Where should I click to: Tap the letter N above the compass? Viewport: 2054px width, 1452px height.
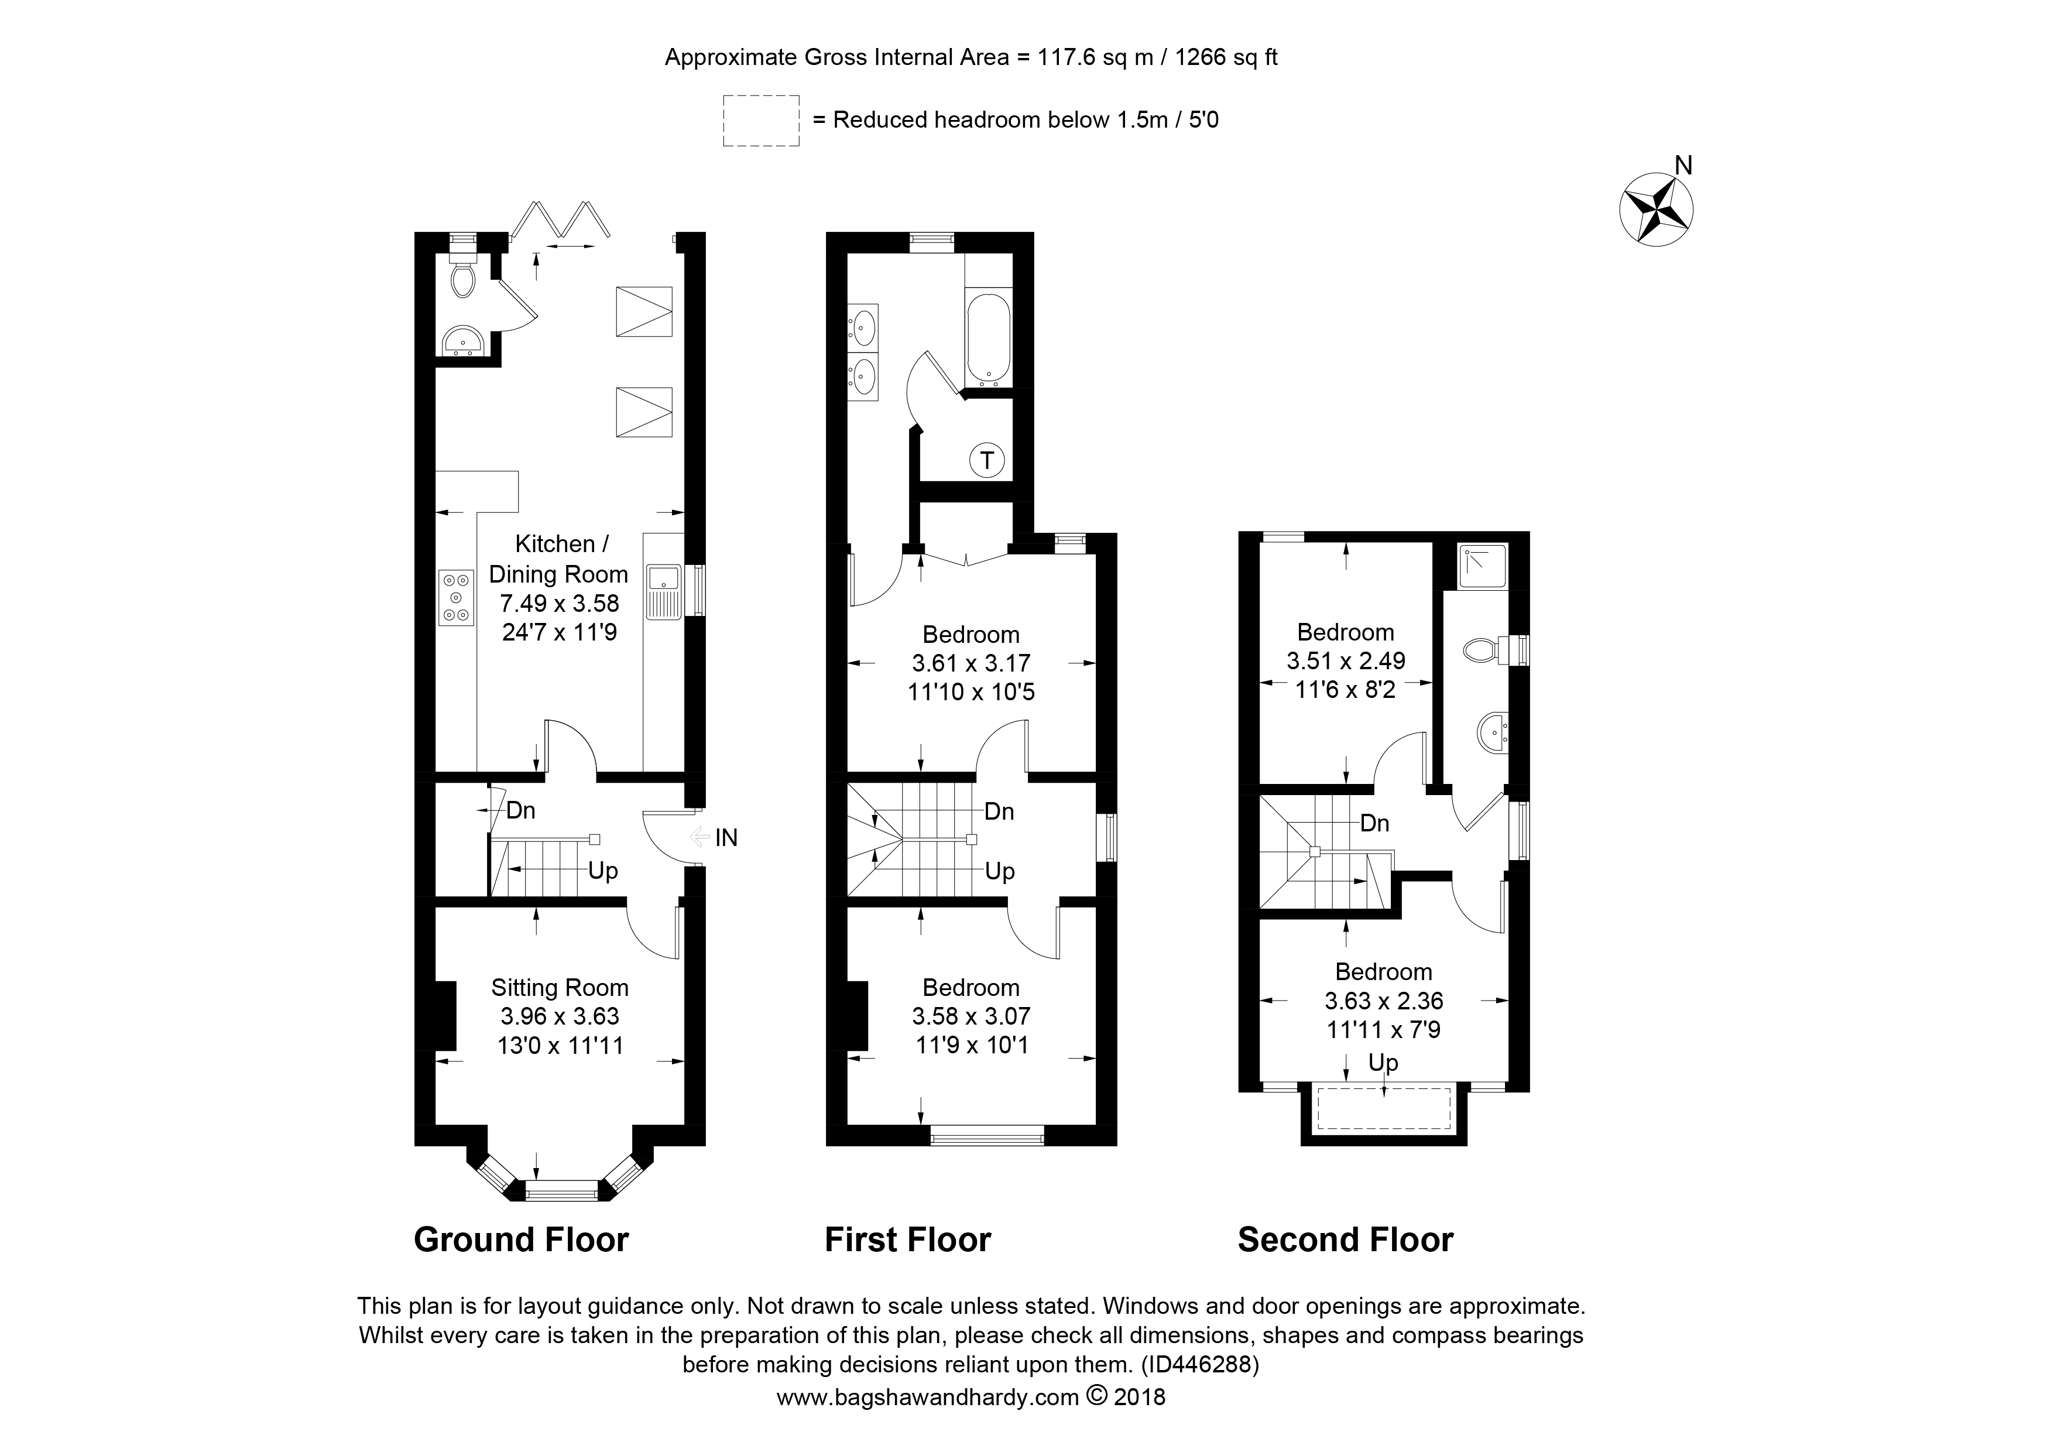[x=1683, y=166]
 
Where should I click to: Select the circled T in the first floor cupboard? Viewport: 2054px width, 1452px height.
[x=987, y=461]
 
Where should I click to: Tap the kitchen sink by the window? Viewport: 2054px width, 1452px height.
[x=663, y=591]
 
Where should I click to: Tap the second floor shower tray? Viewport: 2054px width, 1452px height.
[x=1482, y=566]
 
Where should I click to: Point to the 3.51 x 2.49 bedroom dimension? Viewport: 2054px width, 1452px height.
[x=1346, y=661]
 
